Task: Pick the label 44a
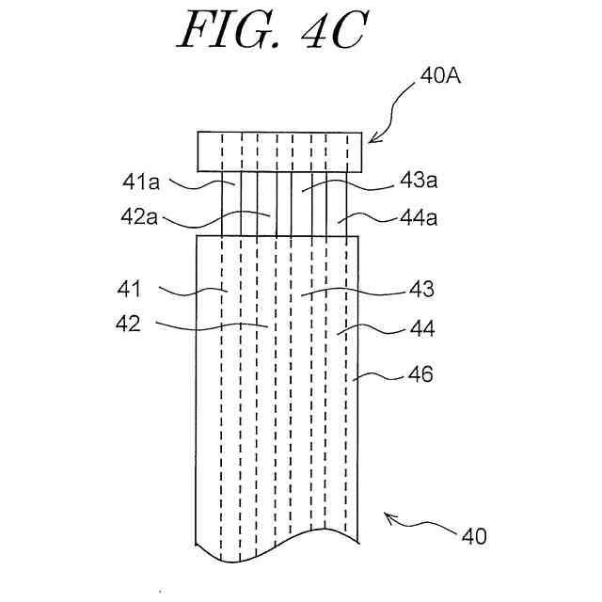tap(420, 217)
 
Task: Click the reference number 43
tap(421, 289)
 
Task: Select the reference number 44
tap(422, 329)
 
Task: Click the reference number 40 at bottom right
tap(473, 536)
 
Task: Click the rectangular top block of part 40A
tap(279, 151)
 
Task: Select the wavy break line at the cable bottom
tap(279, 551)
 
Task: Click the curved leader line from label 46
tap(384, 377)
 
